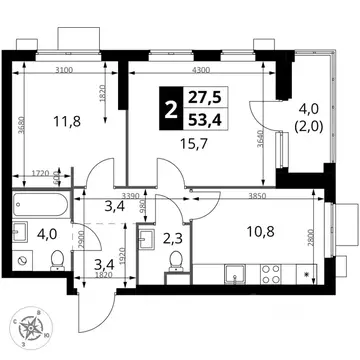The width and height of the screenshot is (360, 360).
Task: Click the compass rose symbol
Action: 34,326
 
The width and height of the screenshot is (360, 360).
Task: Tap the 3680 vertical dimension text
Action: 23,134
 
